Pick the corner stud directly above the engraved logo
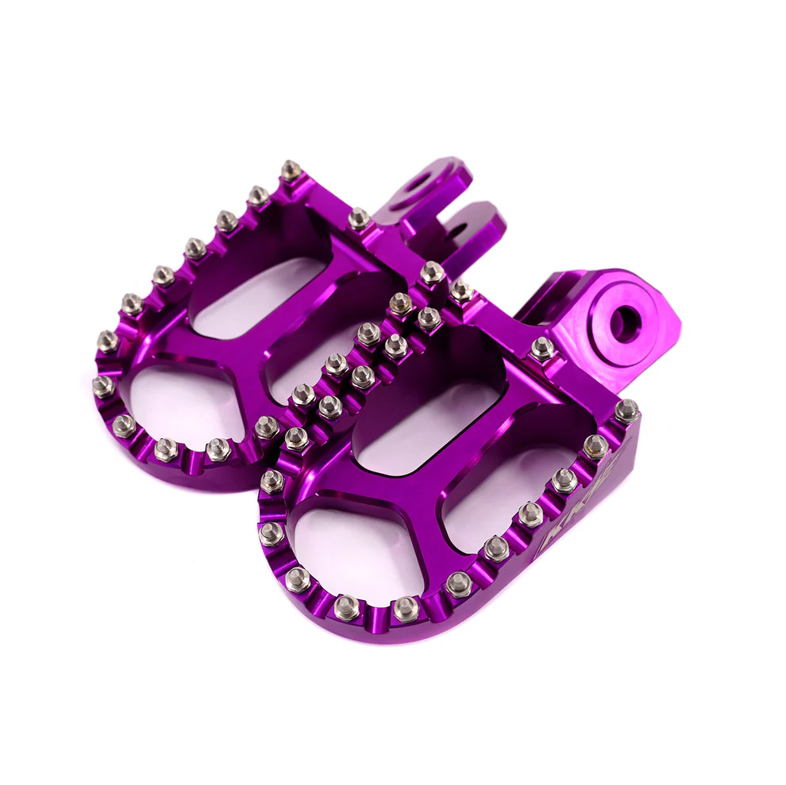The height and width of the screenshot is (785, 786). [626, 410]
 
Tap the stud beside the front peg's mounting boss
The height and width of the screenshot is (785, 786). [542, 348]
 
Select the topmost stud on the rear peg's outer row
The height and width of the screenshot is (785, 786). [291, 170]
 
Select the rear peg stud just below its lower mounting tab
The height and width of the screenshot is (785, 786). [432, 273]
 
